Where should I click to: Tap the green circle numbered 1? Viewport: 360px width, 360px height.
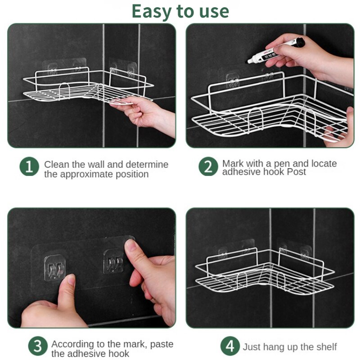pyautogui.click(x=29, y=166)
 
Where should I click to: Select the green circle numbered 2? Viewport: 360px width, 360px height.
pyautogui.click(x=208, y=166)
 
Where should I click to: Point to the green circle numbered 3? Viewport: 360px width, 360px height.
pyautogui.click(x=38, y=346)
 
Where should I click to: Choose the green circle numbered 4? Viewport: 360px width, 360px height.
pyautogui.click(x=230, y=346)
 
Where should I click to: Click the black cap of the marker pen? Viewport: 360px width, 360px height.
pyautogui.click(x=300, y=43)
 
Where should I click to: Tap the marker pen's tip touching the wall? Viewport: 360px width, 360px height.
pyautogui.click(x=249, y=62)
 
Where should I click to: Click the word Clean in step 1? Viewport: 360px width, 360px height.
pyautogui.click(x=57, y=164)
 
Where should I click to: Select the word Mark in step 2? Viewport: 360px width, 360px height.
pyautogui.click(x=231, y=163)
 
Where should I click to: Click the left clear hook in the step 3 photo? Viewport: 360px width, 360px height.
pyautogui.click(x=55, y=267)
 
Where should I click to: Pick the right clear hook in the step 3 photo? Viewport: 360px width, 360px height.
pyautogui.click(x=114, y=261)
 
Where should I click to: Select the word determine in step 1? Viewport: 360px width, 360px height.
pyautogui.click(x=147, y=164)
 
